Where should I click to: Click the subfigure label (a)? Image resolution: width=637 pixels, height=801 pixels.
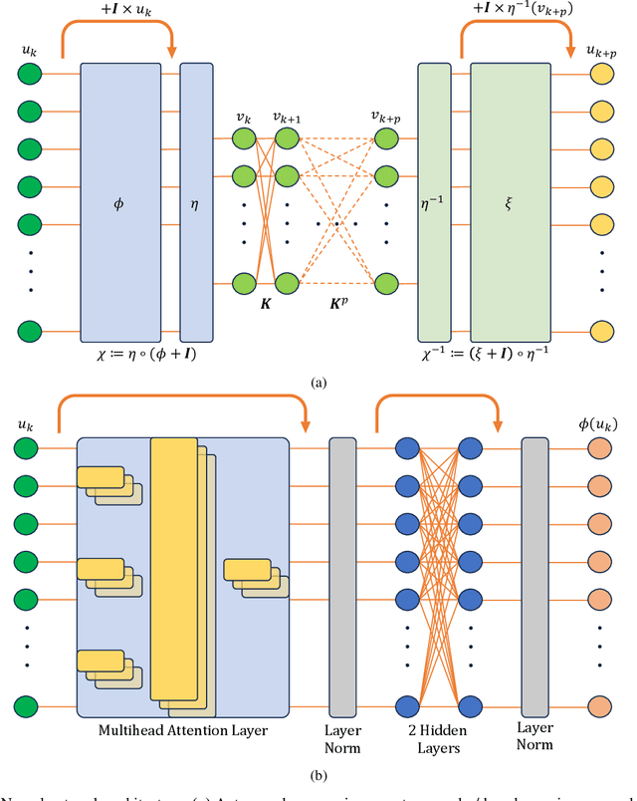[x=318, y=382]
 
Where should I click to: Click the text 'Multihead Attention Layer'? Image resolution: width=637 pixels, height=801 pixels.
[x=182, y=730]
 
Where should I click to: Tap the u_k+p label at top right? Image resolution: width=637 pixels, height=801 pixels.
[x=600, y=49]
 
